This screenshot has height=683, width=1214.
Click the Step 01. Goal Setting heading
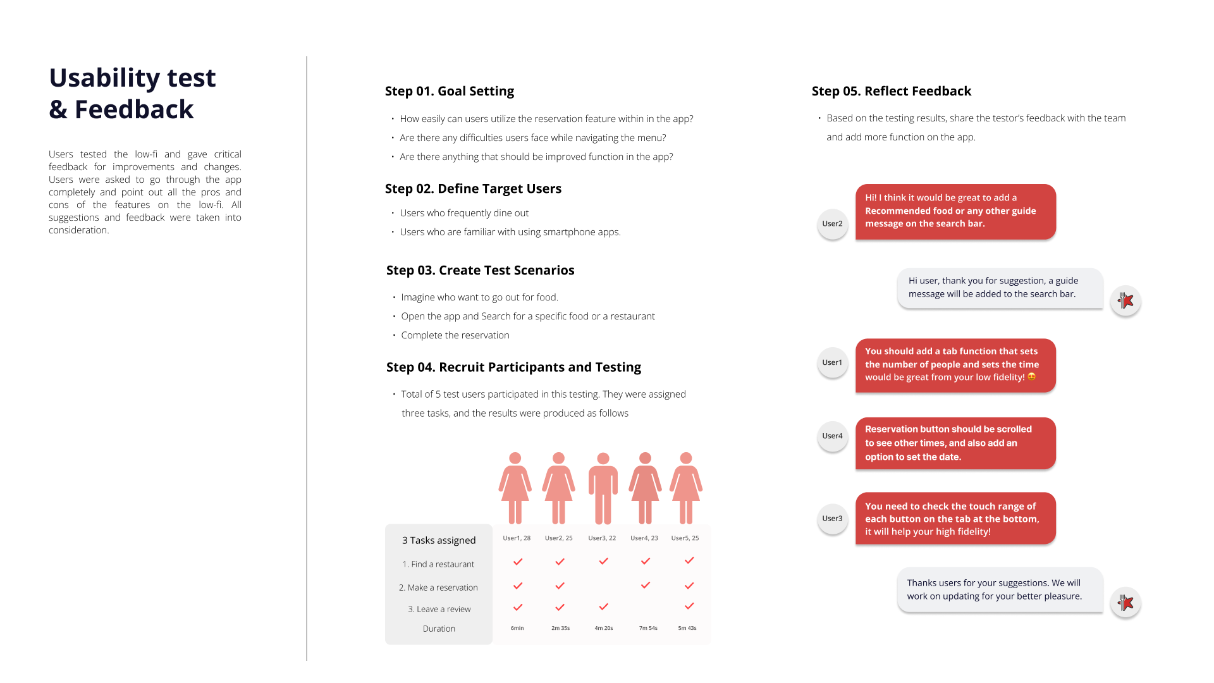point(450,91)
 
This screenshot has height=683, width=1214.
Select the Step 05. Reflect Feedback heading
point(892,91)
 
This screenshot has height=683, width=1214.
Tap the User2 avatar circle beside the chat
point(832,224)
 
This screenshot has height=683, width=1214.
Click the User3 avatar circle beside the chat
point(832,519)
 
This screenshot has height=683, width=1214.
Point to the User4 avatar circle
point(832,436)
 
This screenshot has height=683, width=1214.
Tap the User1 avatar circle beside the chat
point(832,363)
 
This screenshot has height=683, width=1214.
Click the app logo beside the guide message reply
point(1125,300)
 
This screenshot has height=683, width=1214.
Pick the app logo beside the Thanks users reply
point(1125,603)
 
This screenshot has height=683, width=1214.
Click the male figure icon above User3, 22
point(603,488)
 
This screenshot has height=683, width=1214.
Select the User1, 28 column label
point(517,538)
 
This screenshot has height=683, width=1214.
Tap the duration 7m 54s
point(648,628)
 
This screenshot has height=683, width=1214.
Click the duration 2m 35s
point(560,628)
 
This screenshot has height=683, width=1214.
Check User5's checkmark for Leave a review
point(689,606)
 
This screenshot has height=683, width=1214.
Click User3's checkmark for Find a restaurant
point(604,561)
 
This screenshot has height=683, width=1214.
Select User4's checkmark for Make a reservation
point(646,585)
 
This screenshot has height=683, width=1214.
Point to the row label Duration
point(439,629)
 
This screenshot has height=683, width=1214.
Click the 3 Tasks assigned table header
point(439,540)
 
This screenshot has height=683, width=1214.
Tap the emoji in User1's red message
point(1032,377)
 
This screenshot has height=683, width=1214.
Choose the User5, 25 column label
point(685,538)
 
